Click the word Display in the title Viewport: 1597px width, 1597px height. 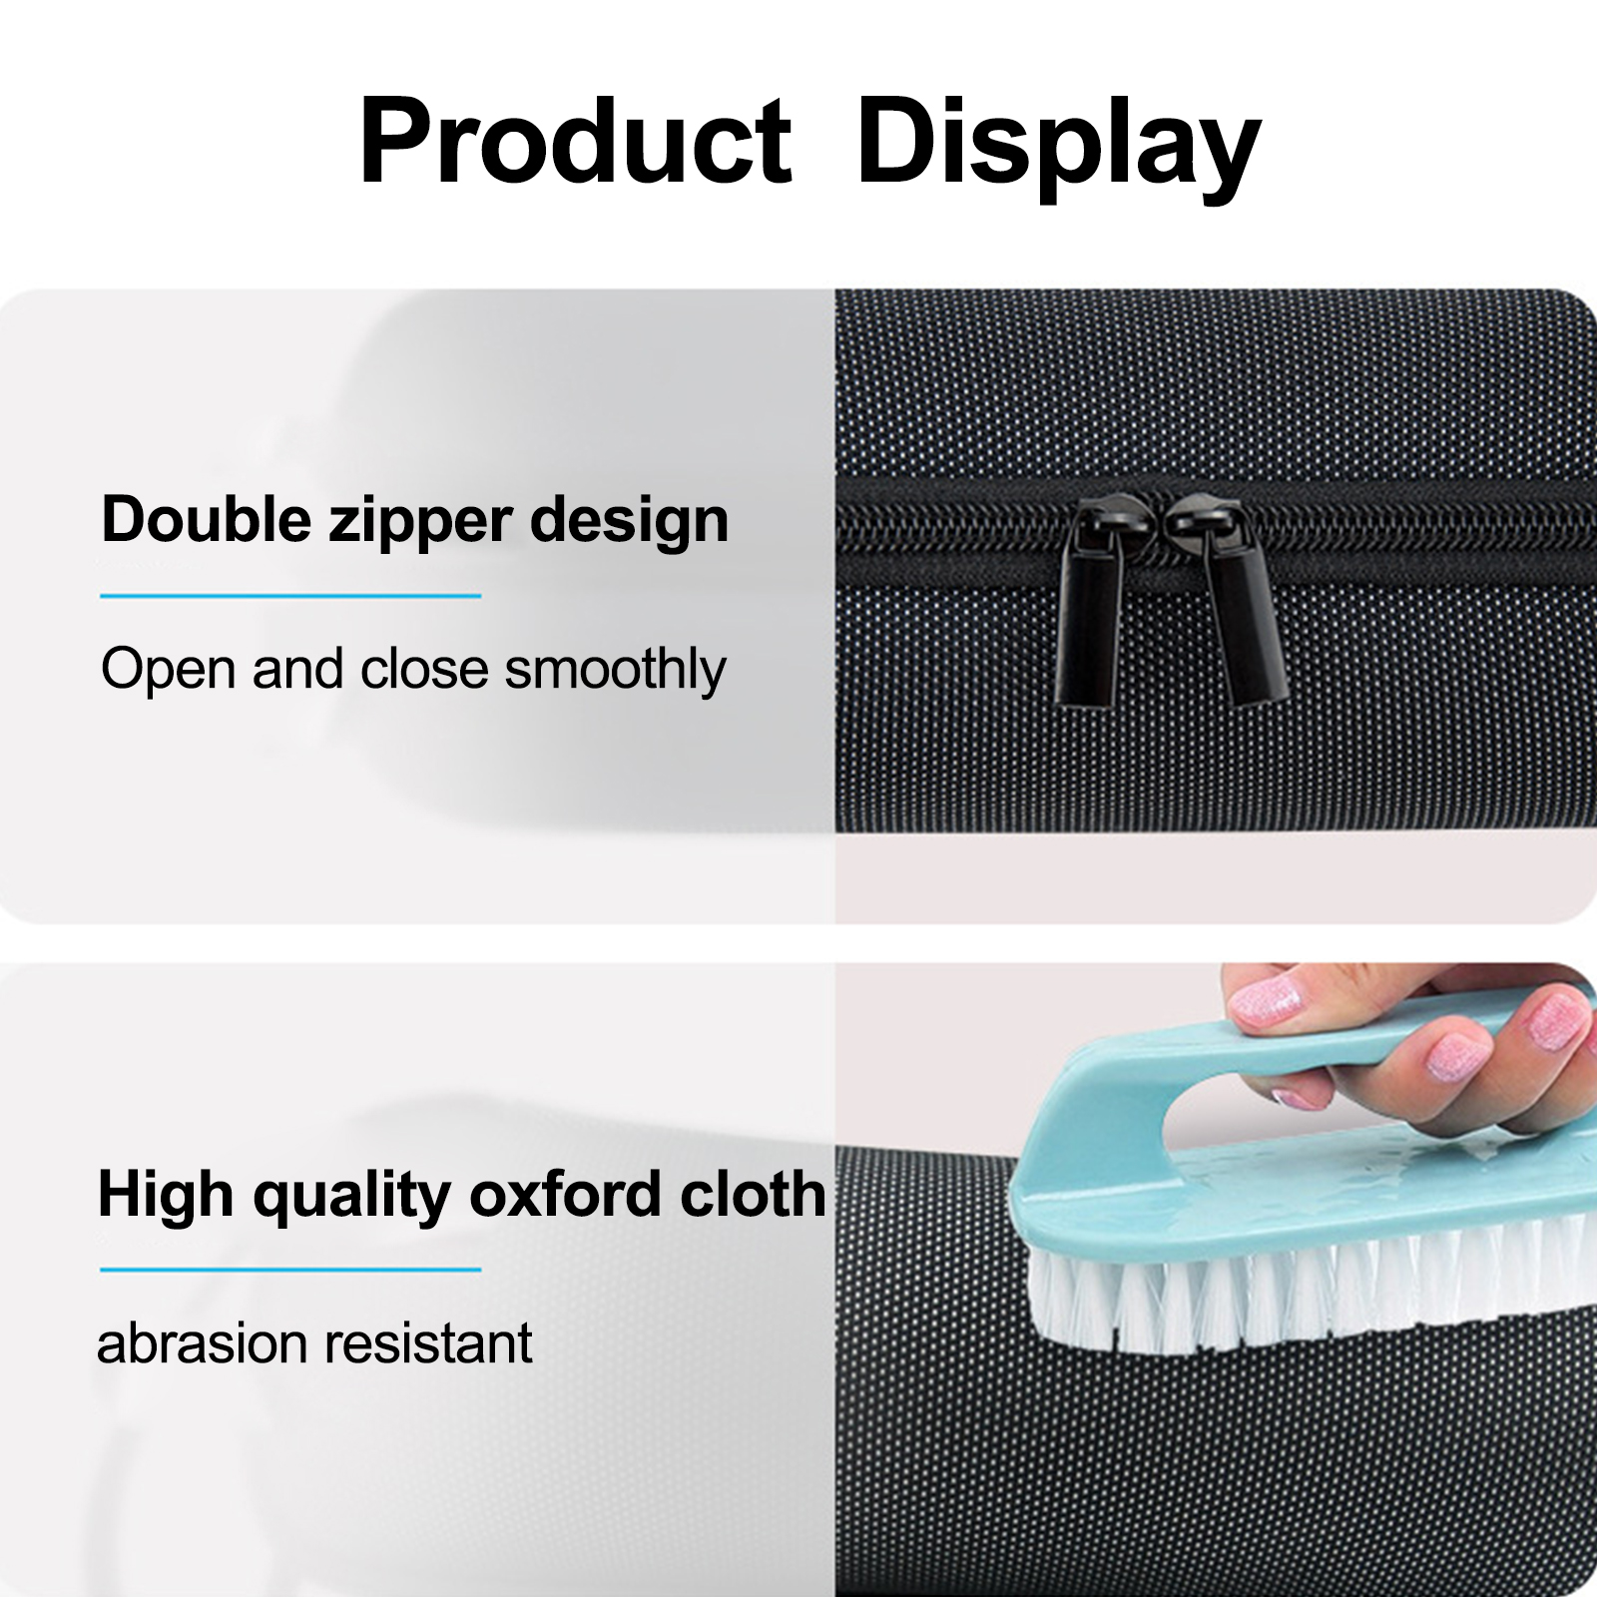coord(1059,148)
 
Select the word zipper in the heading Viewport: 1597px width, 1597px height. coord(420,524)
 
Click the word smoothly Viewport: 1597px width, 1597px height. coord(615,670)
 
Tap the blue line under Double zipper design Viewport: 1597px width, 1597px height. coord(290,596)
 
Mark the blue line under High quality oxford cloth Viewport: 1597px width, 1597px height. coord(290,1270)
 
